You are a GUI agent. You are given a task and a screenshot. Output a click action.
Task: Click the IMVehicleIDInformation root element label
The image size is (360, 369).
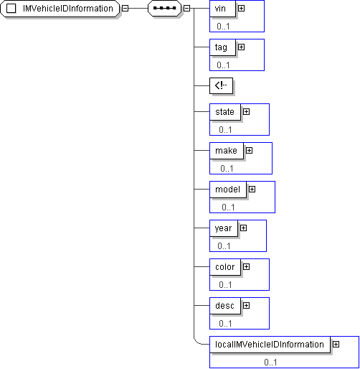point(68,9)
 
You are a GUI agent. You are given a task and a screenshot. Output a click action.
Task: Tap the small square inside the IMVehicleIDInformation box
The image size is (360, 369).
point(11,9)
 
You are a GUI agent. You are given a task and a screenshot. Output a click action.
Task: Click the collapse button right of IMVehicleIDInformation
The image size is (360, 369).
point(125,9)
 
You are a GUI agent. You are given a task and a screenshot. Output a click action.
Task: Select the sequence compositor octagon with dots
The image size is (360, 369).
point(165,9)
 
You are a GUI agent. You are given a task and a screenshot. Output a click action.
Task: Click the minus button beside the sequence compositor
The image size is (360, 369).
point(186,9)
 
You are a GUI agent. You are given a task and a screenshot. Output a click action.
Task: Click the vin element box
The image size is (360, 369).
point(222,9)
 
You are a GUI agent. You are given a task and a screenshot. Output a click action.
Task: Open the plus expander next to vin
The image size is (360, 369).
point(241,9)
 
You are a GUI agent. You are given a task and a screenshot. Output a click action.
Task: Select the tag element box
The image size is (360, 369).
point(222,47)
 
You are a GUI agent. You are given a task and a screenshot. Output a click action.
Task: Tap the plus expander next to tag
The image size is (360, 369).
point(241,47)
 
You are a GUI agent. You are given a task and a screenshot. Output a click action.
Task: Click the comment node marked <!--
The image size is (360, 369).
point(221,85)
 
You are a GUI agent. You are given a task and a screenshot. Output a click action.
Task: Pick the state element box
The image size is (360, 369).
point(225,112)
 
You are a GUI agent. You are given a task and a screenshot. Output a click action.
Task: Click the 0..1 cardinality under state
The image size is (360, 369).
point(225,130)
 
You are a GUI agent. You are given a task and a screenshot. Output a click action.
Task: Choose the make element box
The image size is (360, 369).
point(227,151)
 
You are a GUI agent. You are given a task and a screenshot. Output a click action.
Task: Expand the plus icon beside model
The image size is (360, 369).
point(252,190)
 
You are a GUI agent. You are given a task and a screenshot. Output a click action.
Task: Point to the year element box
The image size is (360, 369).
point(224,228)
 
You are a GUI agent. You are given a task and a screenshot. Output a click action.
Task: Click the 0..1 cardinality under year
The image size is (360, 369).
point(224,246)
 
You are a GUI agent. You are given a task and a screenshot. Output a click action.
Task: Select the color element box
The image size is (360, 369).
point(225,267)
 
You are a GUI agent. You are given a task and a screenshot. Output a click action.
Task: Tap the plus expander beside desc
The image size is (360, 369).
point(246,306)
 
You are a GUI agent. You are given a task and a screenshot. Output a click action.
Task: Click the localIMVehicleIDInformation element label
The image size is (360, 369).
point(270,345)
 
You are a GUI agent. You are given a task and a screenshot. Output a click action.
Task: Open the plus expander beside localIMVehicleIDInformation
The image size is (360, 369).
point(336,345)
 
